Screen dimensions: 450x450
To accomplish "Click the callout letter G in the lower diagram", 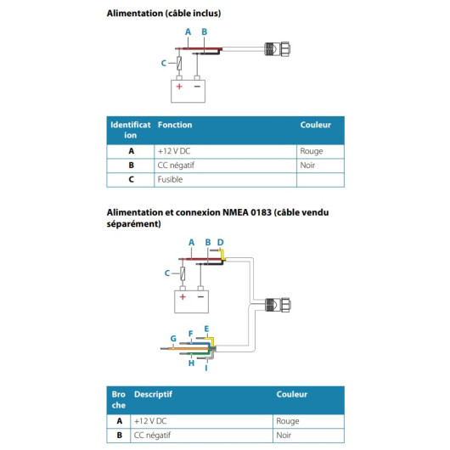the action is pos(173,339).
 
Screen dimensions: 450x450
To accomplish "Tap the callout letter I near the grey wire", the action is pos(206,368).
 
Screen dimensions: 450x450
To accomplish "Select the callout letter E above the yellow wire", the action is pos(206,329).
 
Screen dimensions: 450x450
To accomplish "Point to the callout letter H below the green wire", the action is pos(191,363).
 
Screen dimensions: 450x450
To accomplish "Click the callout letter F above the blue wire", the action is pos(190,334).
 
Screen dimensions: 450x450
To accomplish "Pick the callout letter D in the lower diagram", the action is pos(220,243).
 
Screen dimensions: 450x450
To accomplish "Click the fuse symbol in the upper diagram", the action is pos(179,63).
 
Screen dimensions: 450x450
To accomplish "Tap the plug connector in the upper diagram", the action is pos(277,48).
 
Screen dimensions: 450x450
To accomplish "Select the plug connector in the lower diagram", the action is pos(278,305).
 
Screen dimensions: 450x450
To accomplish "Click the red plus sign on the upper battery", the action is pos(179,86).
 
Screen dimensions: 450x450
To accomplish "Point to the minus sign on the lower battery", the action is pos(200,297).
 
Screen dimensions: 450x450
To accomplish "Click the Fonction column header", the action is pos(175,125).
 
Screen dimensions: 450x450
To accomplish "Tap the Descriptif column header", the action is pos(153,394).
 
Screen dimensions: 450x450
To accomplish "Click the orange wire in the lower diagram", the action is pos(188,348).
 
